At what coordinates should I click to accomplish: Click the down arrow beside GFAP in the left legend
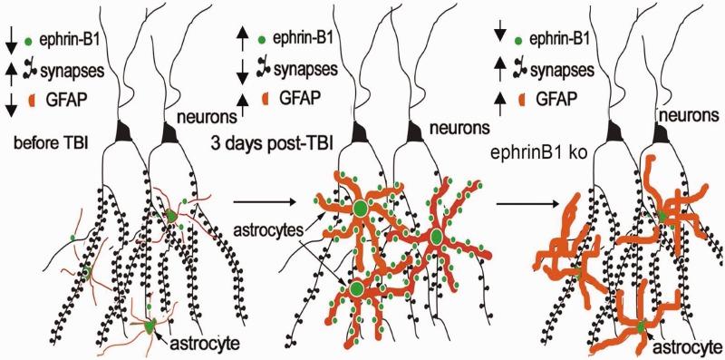click(x=11, y=105)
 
